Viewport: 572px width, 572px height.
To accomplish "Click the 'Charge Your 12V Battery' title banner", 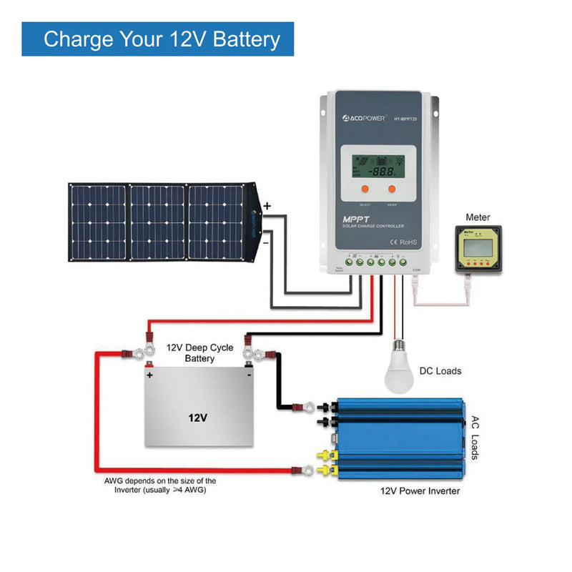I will tap(158, 39).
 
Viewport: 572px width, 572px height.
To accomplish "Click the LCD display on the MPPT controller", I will tap(377, 165).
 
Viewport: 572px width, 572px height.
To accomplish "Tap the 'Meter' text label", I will tap(478, 217).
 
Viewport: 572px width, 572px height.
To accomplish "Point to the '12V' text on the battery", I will tap(198, 417).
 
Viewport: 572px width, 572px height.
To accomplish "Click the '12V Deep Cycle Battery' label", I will tap(199, 352).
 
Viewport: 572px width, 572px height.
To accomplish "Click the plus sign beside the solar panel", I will tap(267, 206).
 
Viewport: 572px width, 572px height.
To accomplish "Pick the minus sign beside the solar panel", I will tap(267, 242).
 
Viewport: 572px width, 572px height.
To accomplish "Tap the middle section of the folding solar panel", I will tap(157, 222).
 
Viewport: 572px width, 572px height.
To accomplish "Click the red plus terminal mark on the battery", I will tap(150, 375).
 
